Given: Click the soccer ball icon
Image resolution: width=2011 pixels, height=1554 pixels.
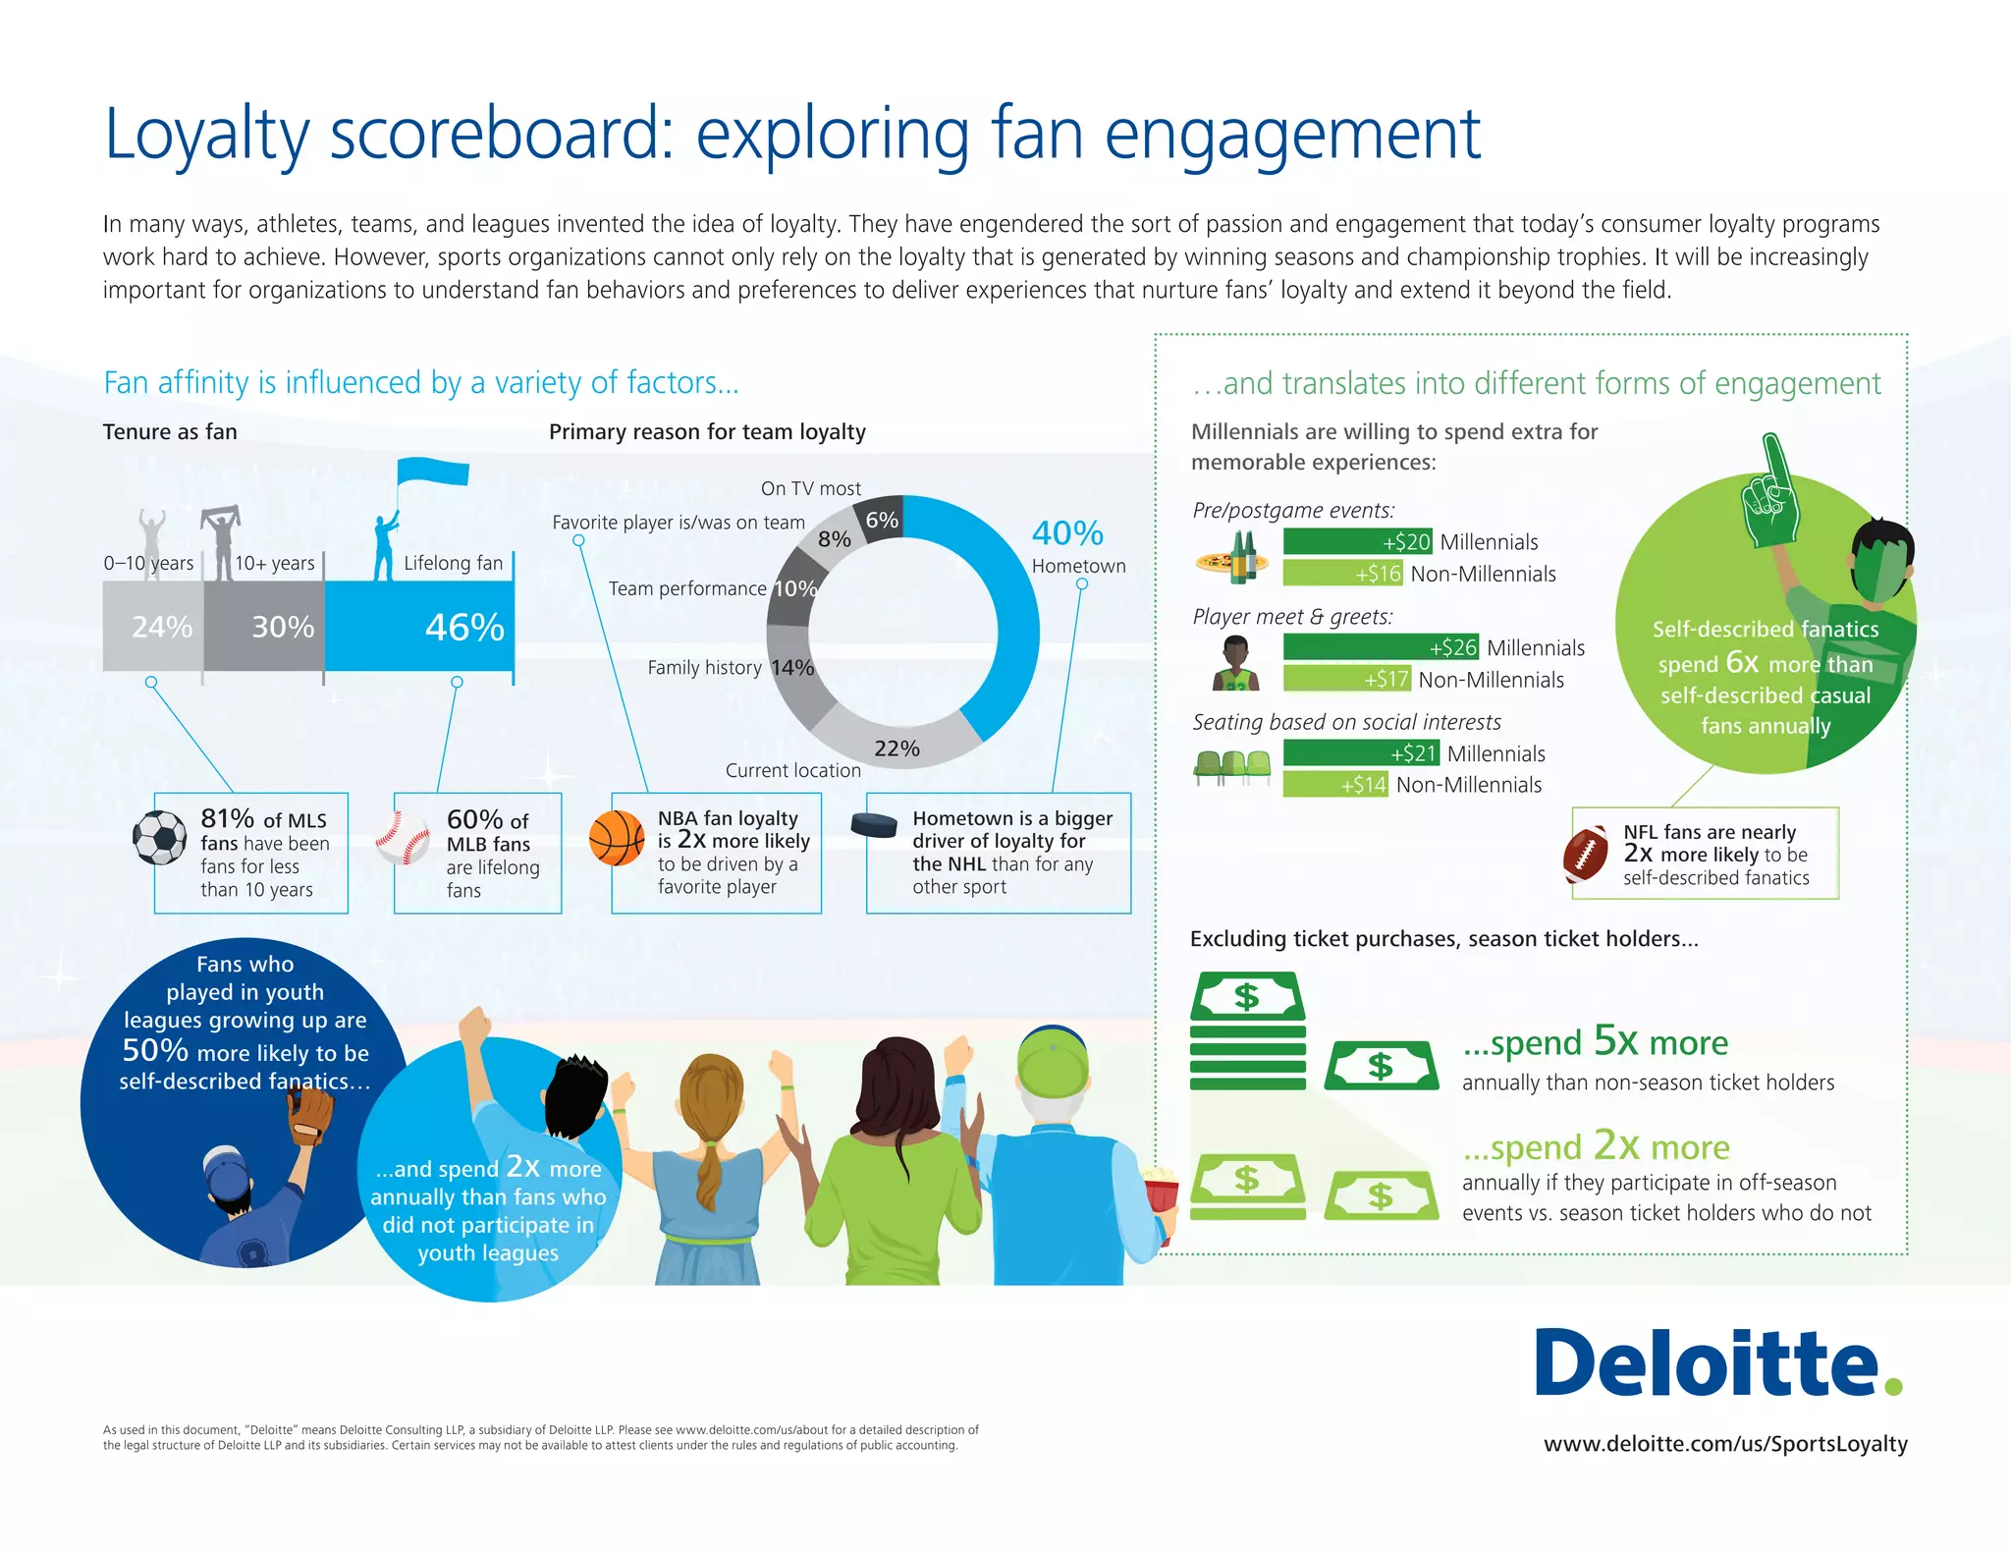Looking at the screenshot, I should [x=160, y=837].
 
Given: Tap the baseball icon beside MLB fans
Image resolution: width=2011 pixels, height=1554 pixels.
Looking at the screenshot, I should [x=403, y=838].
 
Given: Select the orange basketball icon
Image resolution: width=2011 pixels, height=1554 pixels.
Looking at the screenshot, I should [x=617, y=838].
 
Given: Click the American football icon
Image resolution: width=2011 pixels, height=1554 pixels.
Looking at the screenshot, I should [x=1585, y=856].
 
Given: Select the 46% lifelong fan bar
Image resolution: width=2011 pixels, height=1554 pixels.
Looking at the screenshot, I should [x=419, y=627].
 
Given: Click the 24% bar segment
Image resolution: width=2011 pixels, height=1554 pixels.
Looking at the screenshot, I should [x=153, y=627].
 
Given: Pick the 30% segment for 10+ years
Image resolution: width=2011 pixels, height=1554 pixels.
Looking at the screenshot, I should [x=264, y=627].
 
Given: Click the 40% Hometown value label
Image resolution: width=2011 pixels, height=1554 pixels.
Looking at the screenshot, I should [x=1067, y=533].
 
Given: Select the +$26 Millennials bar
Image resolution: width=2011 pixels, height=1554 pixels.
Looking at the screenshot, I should [x=1381, y=647].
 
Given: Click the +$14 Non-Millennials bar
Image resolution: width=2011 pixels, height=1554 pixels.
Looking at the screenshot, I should [x=1335, y=785].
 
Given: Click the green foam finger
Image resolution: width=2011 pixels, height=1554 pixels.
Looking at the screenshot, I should [x=1769, y=491].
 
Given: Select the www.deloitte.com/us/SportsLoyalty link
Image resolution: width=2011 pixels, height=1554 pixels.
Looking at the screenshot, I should [x=1725, y=1444].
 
